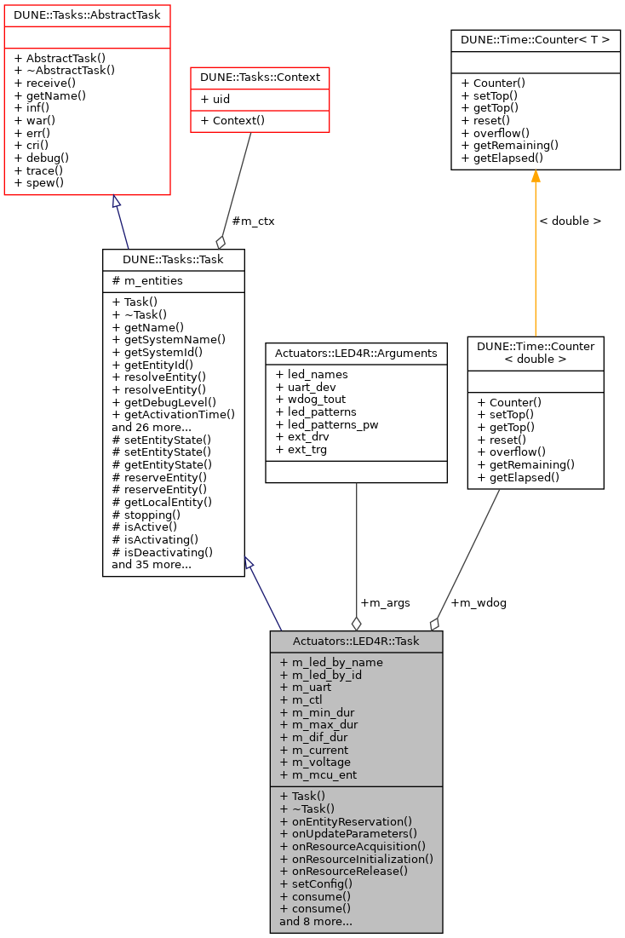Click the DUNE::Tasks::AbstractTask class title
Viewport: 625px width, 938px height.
pyautogui.click(x=87, y=14)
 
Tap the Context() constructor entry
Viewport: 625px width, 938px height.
pyautogui.click(x=232, y=120)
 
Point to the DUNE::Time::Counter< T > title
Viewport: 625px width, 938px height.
pyautogui.click(x=536, y=39)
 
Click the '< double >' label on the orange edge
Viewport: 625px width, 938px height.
pyautogui.click(x=570, y=221)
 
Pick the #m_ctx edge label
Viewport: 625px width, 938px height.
pyautogui.click(x=253, y=221)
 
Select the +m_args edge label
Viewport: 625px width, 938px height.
pyautogui.click(x=385, y=602)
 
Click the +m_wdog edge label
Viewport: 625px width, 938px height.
pyautogui.click(x=479, y=602)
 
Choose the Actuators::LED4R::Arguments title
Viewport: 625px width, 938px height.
pyautogui.click(x=356, y=352)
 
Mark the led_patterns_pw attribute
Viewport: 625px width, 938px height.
pyautogui.click(x=327, y=424)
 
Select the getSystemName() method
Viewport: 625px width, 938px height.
pyautogui.click(x=169, y=339)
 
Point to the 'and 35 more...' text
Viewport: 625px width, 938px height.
pyautogui.click(x=152, y=564)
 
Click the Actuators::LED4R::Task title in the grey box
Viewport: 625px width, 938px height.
pyautogui.click(x=356, y=642)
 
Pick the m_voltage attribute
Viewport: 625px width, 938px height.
pyautogui.click(x=314, y=762)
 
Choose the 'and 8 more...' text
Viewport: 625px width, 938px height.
pyautogui.click(x=316, y=921)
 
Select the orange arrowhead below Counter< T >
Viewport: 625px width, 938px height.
pyautogui.click(x=536, y=176)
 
